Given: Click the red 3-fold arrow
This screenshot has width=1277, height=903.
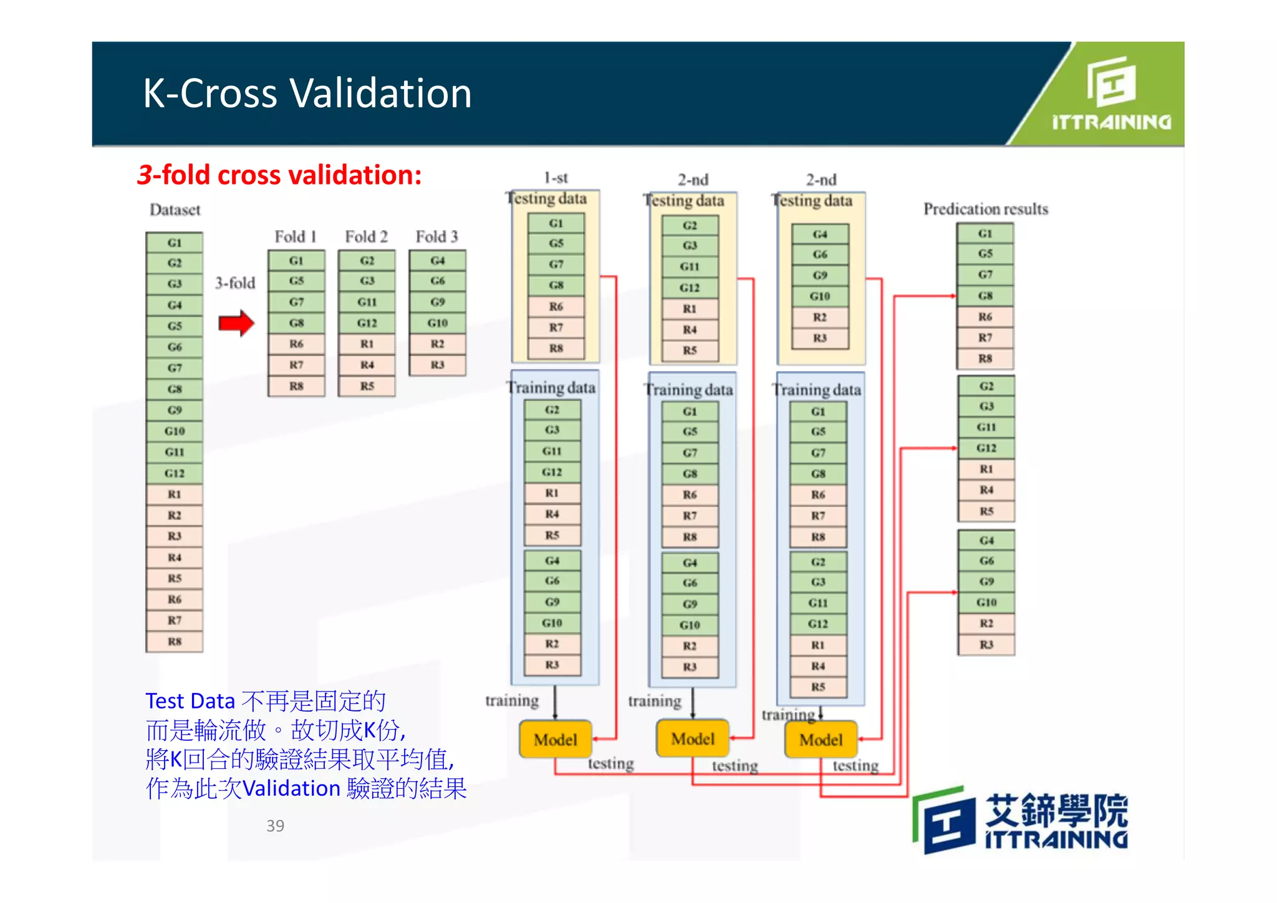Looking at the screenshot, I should point(236,322).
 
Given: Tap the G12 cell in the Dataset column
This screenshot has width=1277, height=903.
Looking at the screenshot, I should point(175,473).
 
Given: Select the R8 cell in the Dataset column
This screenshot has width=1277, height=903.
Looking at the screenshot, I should point(175,642).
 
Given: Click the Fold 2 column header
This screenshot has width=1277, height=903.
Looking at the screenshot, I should point(367,237).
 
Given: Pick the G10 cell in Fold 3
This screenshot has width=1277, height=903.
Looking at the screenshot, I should point(437,323).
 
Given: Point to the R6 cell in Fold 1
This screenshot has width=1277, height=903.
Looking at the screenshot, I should point(296,344).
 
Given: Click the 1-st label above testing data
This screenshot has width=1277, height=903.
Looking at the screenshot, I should point(556,178).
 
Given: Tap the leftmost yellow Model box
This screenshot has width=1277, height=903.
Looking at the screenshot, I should point(555,740).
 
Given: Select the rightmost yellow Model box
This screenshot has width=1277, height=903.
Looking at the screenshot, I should point(821,740).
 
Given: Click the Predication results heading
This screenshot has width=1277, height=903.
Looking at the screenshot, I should point(985,209).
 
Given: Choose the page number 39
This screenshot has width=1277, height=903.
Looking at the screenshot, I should point(275,826).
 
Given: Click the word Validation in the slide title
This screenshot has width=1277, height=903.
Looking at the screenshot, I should point(381,94).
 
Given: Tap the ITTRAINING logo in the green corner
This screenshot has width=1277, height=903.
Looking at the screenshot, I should point(1111,94).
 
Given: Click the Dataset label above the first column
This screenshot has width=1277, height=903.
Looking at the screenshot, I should point(175,210).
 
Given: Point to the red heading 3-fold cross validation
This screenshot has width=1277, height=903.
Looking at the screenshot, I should point(279,175).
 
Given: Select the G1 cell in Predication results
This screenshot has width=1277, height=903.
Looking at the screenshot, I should point(985,234).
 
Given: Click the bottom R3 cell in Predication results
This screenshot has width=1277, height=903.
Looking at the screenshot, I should point(986,644).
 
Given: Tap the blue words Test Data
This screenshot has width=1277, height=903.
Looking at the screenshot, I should point(190,701).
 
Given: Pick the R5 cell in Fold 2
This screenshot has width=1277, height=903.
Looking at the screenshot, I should point(367,386).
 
